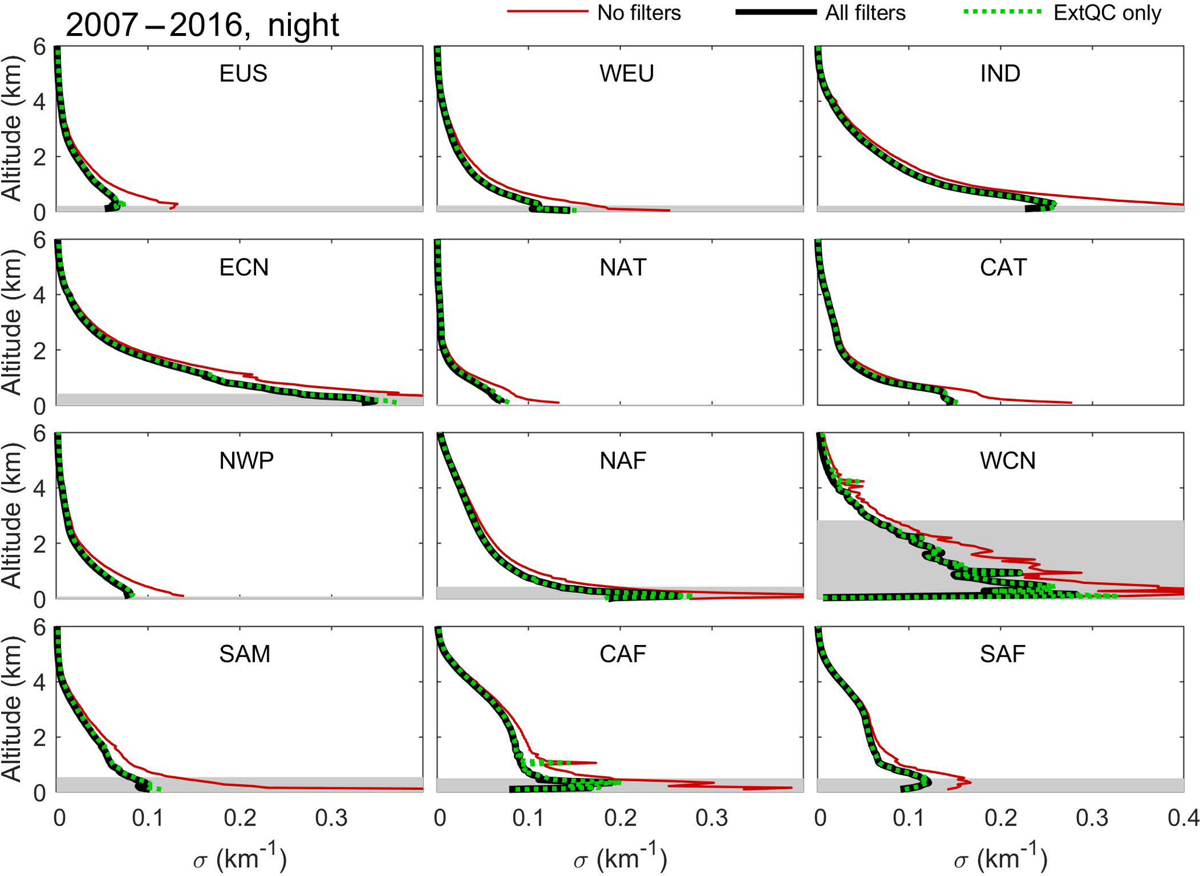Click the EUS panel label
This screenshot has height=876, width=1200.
pyautogui.click(x=243, y=74)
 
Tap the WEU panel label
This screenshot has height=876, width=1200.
pyautogui.click(x=626, y=74)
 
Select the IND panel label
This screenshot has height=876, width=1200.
pyautogui.click(x=1000, y=74)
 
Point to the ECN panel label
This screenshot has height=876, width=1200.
pyautogui.click(x=244, y=268)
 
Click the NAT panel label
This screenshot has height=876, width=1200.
pyautogui.click(x=623, y=268)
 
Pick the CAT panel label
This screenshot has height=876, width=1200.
pyautogui.click(x=1003, y=268)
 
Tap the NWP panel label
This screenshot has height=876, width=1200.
pyautogui.click(x=246, y=461)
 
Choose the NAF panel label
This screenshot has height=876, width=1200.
pyautogui.click(x=623, y=461)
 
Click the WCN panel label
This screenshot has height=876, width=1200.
pyautogui.click(x=1007, y=461)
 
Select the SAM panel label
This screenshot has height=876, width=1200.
pyautogui.click(x=244, y=654)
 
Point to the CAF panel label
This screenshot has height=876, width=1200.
pyautogui.click(x=623, y=654)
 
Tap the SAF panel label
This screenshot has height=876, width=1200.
pyautogui.click(x=1003, y=654)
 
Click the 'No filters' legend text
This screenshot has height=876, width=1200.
pyautogui.click(x=639, y=13)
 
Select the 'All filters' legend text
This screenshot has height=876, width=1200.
pyautogui.click(x=865, y=13)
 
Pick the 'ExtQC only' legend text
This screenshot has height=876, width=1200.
pyautogui.click(x=1107, y=13)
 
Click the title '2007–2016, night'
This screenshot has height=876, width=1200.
pyautogui.click(x=202, y=25)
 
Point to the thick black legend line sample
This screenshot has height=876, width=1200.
pyautogui.click(x=776, y=12)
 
